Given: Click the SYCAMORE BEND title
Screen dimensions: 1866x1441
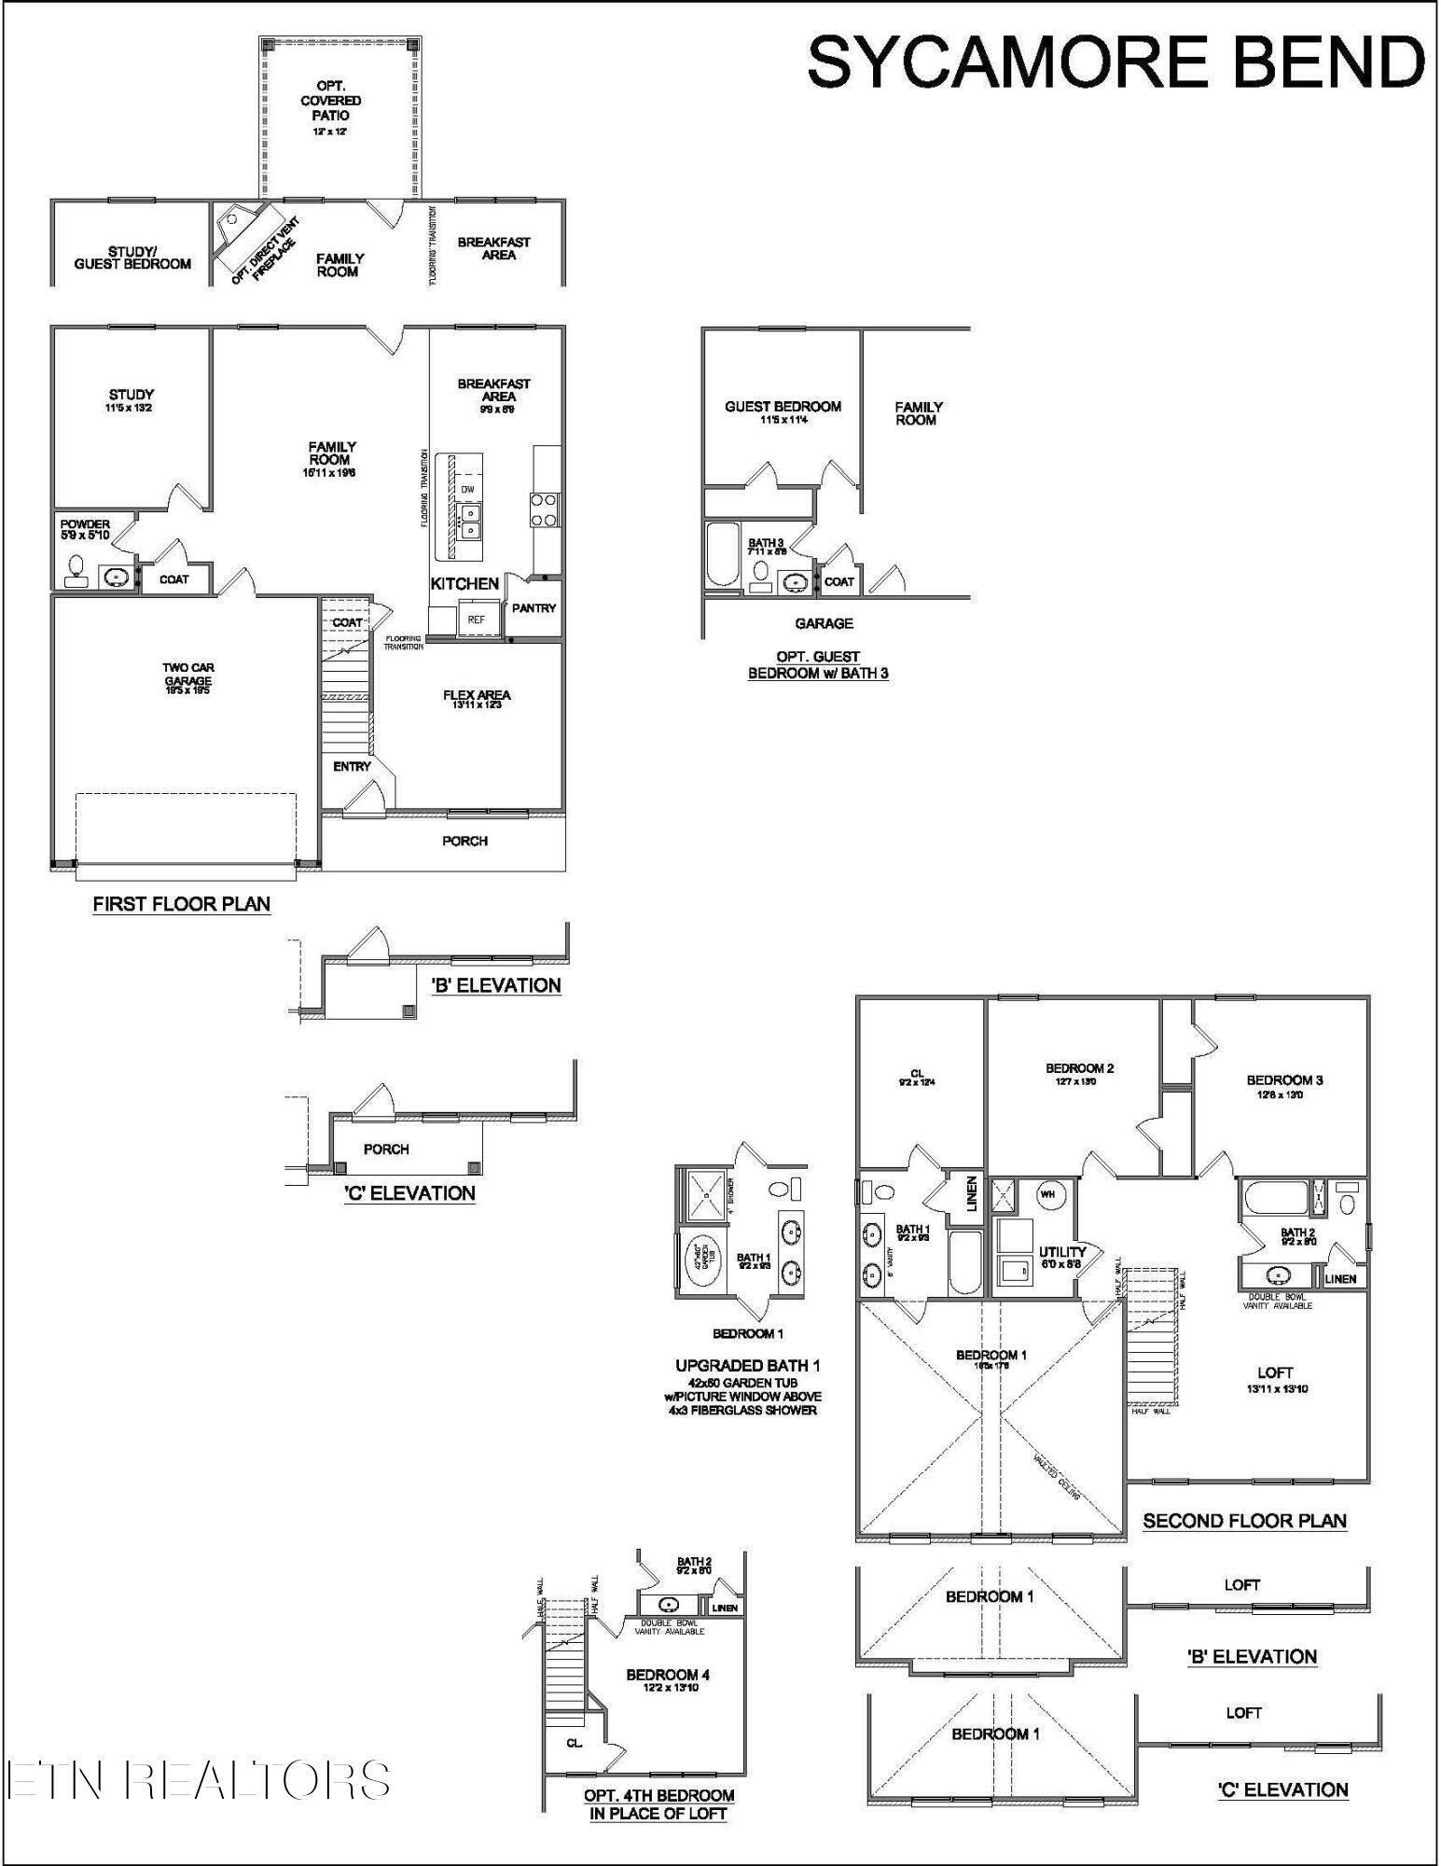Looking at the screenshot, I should point(1115,62).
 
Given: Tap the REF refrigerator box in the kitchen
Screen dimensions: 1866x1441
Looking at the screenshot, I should point(476,620).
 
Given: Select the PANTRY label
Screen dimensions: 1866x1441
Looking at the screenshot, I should point(533,608).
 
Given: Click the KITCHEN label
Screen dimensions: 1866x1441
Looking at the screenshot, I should point(464,584).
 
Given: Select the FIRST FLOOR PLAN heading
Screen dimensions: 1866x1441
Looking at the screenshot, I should point(182,904).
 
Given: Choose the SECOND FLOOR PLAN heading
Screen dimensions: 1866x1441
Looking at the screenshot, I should point(1244,1522).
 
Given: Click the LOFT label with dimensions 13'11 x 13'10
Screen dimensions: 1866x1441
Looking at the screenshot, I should point(1275,1380).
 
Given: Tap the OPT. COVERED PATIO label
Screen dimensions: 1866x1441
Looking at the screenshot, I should point(331,102).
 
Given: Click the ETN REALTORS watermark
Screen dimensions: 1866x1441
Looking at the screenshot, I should point(197,1778).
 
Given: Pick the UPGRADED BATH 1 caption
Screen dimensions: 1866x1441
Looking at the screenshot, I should point(747,1366).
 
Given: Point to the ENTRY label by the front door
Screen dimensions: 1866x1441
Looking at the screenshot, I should point(352,766).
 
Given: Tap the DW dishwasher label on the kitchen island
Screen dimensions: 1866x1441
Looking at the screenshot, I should point(467,489).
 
